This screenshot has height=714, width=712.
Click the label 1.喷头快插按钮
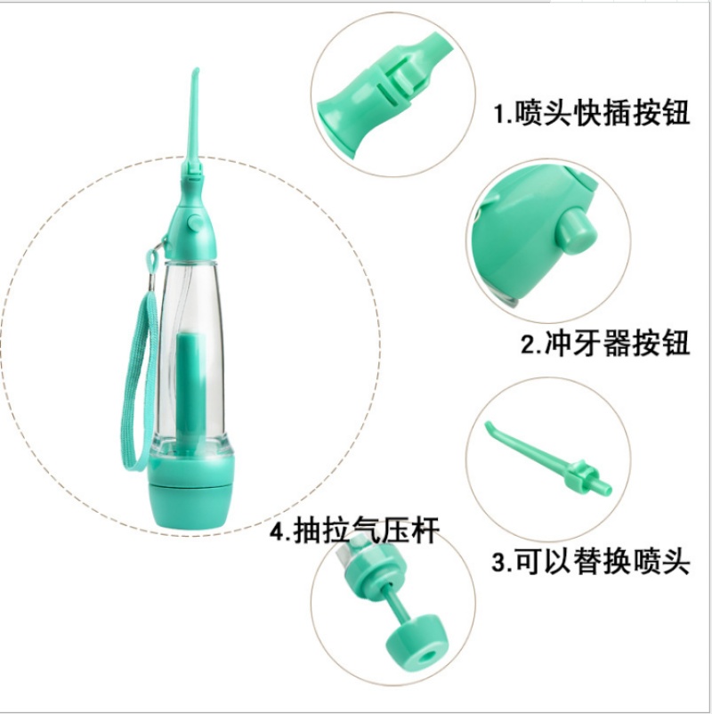pos(592,112)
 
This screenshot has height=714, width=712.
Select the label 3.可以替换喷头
pos(591,562)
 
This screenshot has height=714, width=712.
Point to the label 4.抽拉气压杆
pos(355,531)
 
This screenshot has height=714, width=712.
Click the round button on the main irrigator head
pos(194,223)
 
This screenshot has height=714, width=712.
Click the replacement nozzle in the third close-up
pos(549,459)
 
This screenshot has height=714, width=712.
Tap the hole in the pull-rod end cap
pos(426,656)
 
